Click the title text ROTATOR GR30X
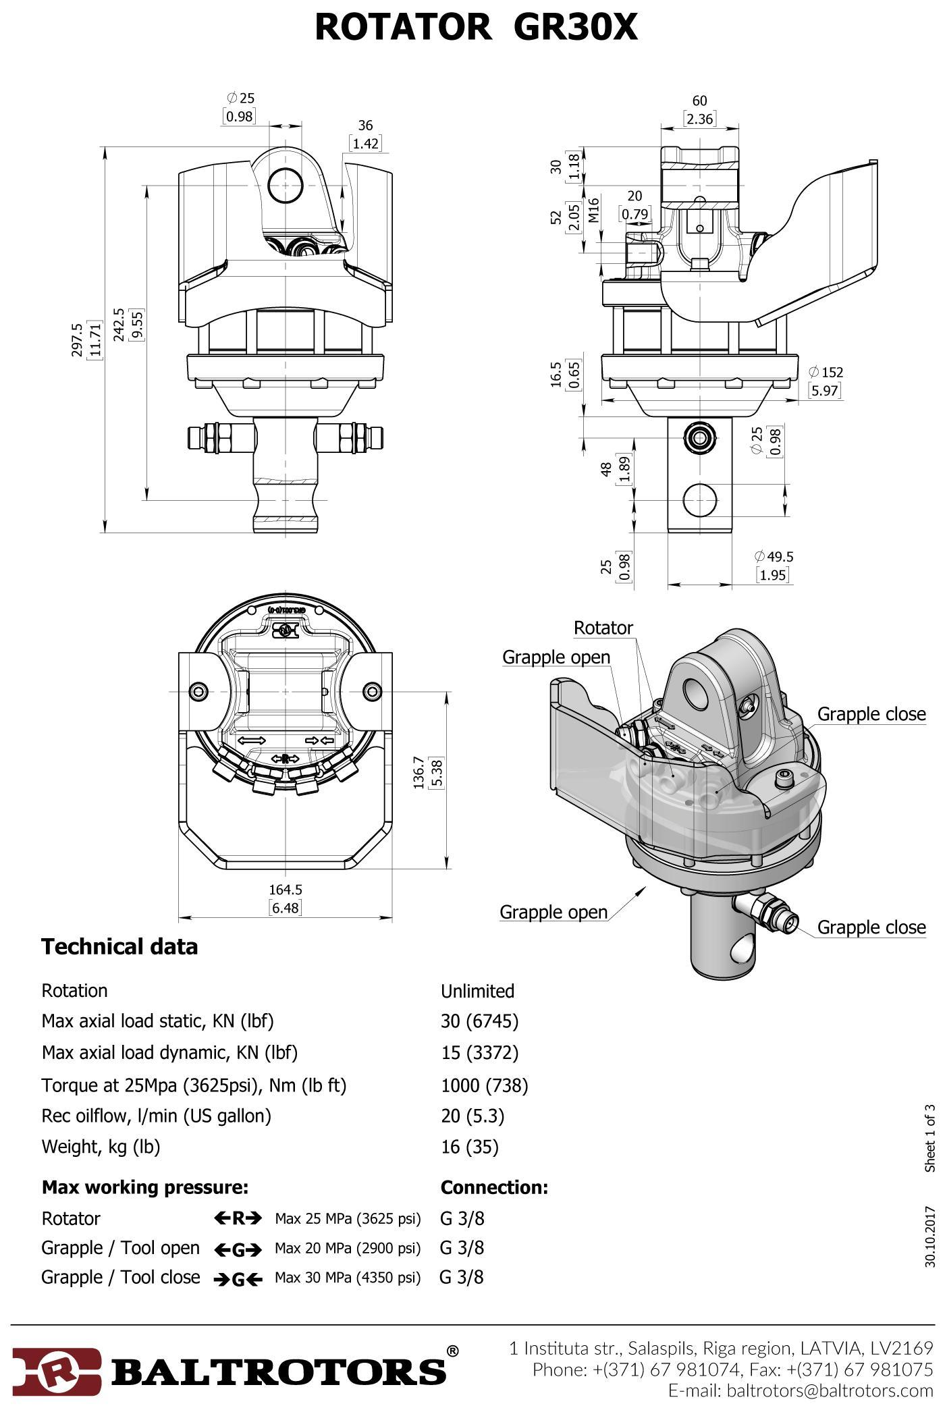click(476, 28)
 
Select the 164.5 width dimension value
click(285, 890)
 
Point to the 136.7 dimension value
click(418, 772)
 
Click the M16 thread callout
click(594, 211)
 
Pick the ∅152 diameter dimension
click(826, 372)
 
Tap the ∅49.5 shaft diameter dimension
click(774, 556)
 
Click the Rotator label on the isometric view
click(603, 628)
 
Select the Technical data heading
click(119, 946)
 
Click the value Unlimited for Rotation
click(477, 991)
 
